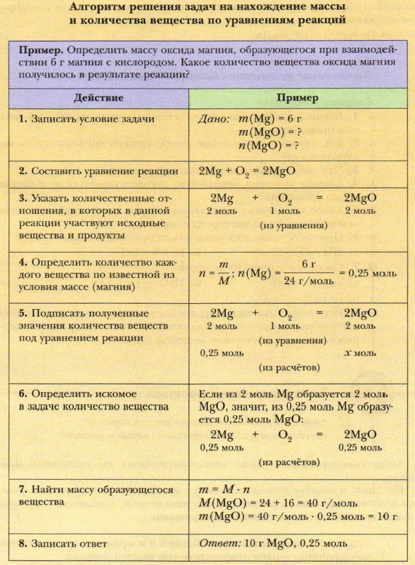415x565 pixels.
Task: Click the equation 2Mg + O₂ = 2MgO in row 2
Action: point(246,171)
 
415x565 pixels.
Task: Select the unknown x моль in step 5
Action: point(360,352)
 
